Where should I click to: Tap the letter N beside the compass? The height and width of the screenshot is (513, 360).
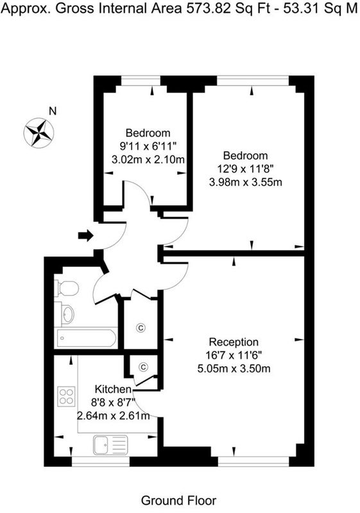point(53,111)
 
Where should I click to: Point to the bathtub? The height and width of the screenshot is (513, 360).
point(85,337)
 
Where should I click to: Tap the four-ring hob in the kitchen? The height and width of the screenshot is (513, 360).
point(66,396)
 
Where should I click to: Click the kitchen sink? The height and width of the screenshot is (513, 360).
point(110,443)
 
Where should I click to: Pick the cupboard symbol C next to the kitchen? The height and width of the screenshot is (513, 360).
point(143,367)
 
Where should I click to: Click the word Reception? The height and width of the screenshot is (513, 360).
point(234,342)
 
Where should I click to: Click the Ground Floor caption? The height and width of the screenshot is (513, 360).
point(178,500)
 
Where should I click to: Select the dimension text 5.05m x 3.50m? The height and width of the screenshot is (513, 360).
point(234,368)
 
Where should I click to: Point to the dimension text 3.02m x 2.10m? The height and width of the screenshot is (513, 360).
point(148,159)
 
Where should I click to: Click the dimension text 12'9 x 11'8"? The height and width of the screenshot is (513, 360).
point(245,169)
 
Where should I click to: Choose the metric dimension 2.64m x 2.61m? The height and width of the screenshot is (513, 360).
point(113,416)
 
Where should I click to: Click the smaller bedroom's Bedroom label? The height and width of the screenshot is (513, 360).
point(148,133)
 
